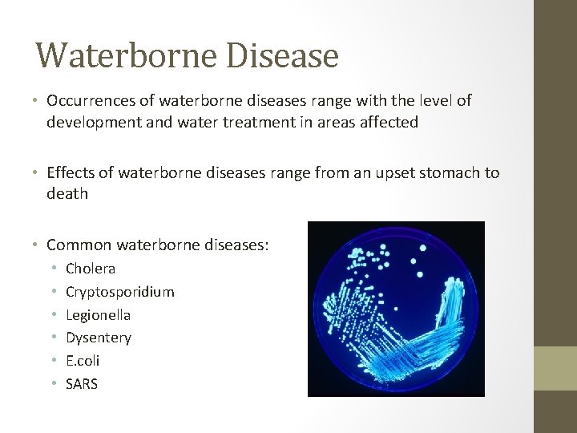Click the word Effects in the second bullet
pyautogui.click(x=71, y=173)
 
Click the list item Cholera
pyautogui.click(x=91, y=269)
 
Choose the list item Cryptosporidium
pyautogui.click(x=119, y=292)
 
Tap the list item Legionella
pyautogui.click(x=98, y=315)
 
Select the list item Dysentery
pyautogui.click(x=99, y=338)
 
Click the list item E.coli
pyautogui.click(x=83, y=361)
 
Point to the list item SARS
pyautogui.click(x=82, y=384)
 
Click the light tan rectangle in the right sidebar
pyautogui.click(x=555, y=369)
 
